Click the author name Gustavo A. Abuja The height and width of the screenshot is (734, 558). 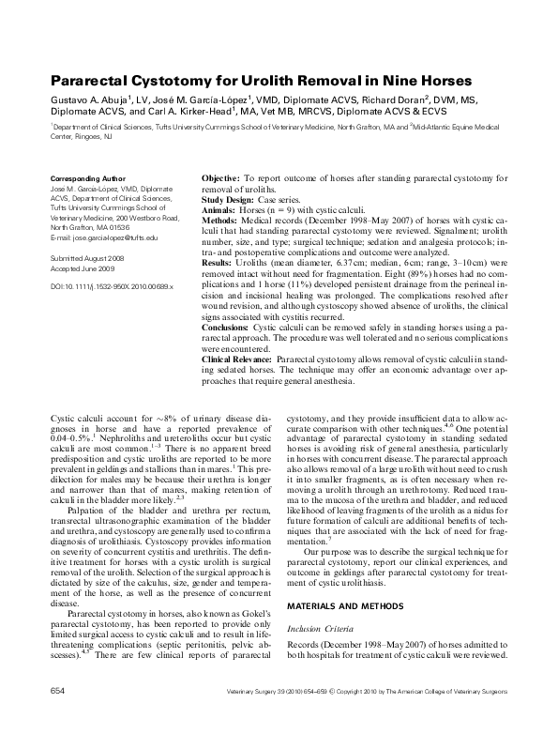90,99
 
